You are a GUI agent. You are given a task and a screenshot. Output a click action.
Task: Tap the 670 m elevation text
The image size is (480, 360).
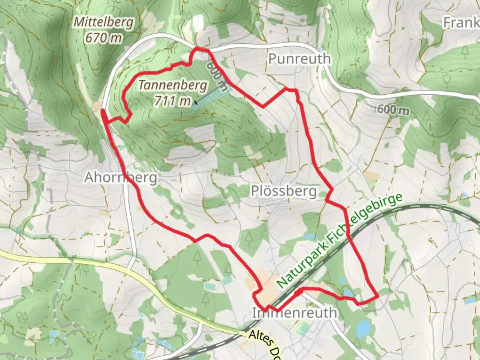tap(104, 38)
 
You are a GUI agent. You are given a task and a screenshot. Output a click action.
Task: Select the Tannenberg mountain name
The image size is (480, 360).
tap(173, 86)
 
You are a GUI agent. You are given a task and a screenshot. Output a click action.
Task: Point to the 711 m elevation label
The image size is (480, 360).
tap(173, 101)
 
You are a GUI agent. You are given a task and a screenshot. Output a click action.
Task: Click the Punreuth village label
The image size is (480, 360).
tap(299, 59)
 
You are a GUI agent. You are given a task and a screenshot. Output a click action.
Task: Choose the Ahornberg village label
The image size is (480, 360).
tap(121, 177)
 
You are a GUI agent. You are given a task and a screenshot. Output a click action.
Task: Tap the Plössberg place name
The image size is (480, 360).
tap(284, 191)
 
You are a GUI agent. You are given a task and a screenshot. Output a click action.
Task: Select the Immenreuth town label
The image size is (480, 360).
tap(294, 313)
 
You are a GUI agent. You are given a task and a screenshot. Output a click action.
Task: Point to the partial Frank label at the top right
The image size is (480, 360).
tap(461, 23)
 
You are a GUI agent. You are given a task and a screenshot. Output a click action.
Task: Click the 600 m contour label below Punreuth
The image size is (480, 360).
tap(394, 109)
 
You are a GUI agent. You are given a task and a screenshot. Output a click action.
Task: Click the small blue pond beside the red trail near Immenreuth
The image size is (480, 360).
tap(349, 293)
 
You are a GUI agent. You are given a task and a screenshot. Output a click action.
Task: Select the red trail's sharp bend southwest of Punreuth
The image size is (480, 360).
tap(263, 107)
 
